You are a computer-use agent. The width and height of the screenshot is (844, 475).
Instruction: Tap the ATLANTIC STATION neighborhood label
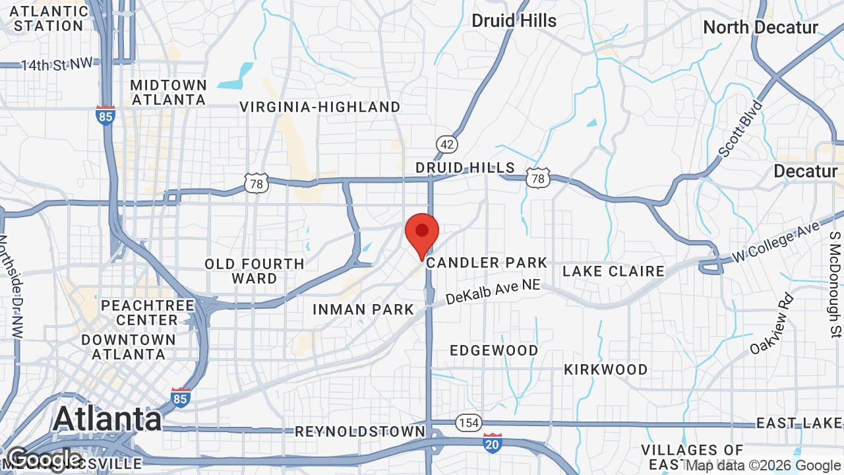(49, 18)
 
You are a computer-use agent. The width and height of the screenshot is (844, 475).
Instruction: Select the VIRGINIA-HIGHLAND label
(320, 107)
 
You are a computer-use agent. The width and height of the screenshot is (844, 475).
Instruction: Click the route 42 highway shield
(446, 144)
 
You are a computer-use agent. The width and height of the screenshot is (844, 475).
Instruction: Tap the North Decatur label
(760, 28)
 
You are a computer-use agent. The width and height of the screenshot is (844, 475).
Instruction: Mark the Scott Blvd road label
(740, 129)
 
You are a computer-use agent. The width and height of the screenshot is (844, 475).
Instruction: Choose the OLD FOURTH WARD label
(255, 271)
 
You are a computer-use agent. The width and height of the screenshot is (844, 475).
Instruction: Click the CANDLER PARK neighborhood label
(487, 263)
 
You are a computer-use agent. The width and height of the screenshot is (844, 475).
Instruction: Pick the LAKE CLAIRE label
(613, 271)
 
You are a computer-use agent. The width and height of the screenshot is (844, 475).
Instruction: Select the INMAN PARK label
(363, 309)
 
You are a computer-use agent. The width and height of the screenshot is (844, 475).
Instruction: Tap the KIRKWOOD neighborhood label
(605, 369)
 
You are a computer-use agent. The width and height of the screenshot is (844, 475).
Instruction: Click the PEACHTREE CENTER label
(148, 313)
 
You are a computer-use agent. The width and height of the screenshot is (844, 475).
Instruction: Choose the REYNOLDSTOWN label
(360, 431)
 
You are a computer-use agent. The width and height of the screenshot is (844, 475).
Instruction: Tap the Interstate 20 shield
(493, 443)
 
